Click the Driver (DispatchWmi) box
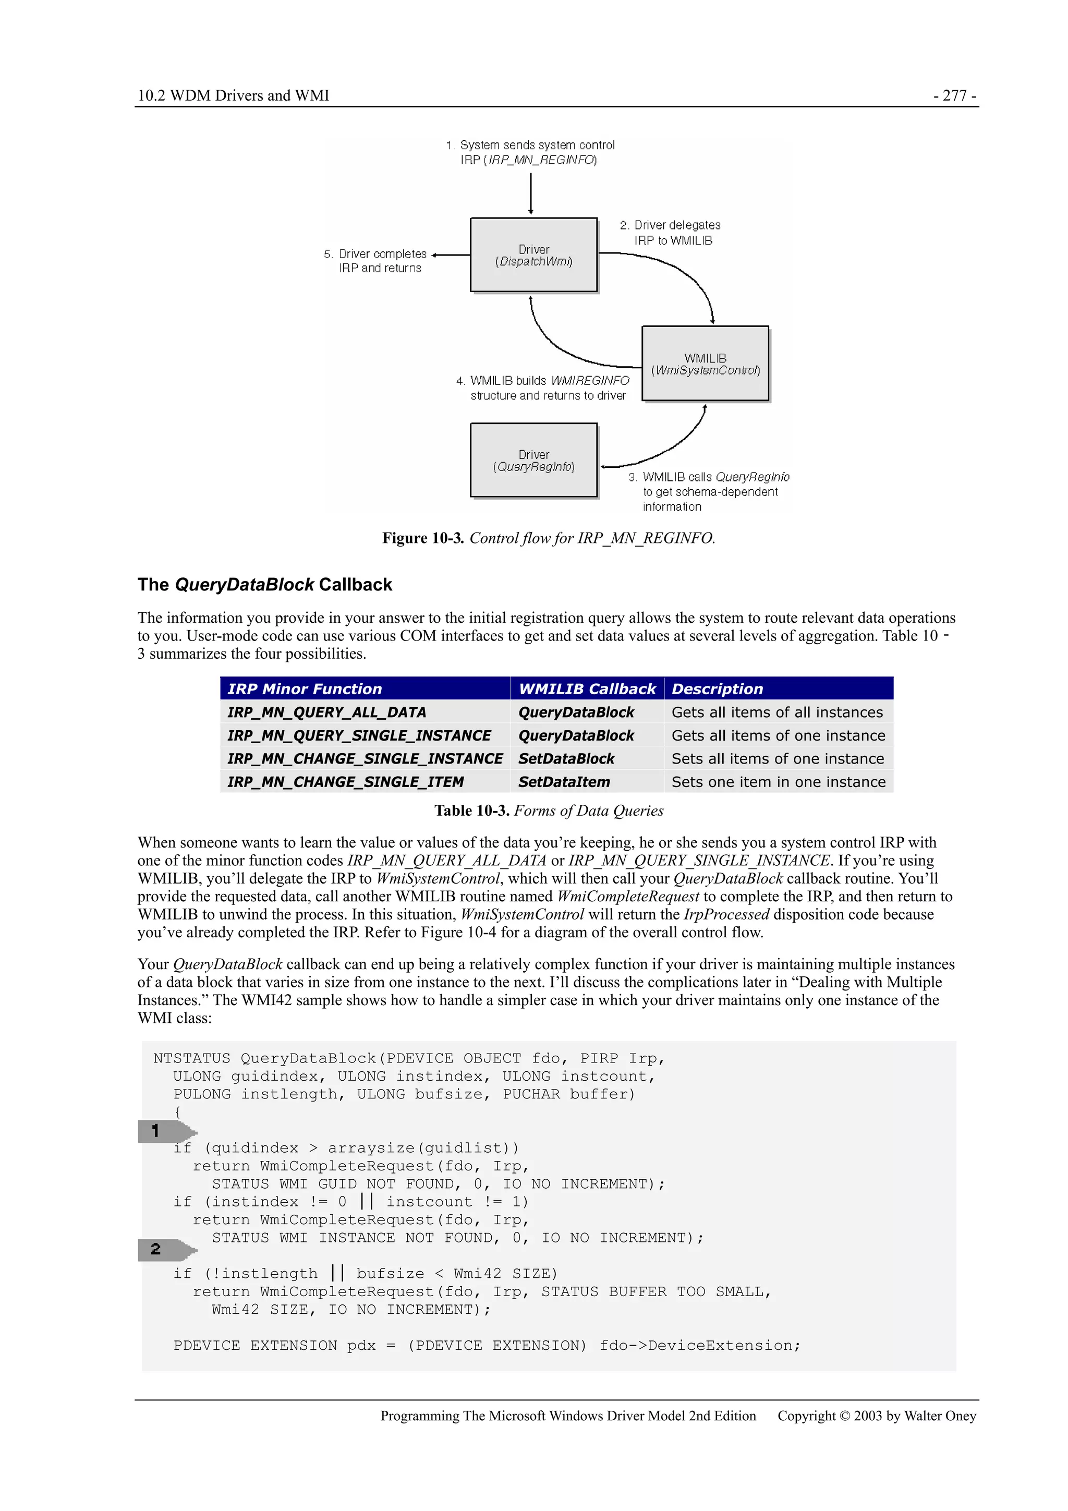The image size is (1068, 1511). coord(533,255)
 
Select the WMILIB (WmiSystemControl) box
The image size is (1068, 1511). coord(705,363)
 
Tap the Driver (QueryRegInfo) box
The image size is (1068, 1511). coord(533,460)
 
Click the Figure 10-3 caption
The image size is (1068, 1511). coord(548,538)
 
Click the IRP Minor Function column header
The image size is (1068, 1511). coord(305,688)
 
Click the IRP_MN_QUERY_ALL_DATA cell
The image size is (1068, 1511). coord(327,712)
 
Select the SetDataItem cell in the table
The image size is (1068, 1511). coord(564,782)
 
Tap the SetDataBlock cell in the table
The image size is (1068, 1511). coord(566,759)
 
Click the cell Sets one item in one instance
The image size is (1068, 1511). coord(779,782)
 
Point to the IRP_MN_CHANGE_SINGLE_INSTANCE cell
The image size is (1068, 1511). coord(365,759)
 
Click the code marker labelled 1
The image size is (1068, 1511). coord(164,1131)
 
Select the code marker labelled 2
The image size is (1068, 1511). coord(164,1249)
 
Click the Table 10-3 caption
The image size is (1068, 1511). coord(548,810)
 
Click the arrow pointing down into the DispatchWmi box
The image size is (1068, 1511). coord(530,194)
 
